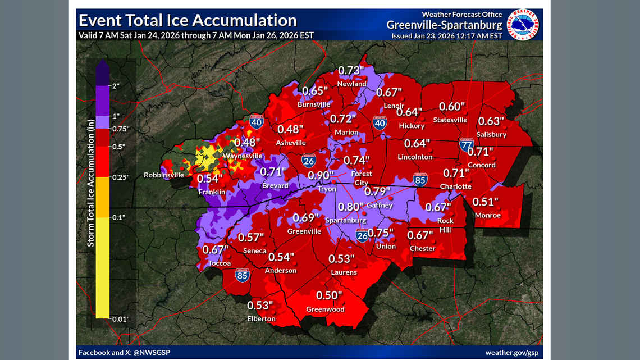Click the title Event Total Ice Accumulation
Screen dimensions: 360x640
188,20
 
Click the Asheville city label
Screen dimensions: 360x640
291,143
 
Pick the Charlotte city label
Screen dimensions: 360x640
456,186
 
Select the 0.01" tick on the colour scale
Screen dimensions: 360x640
122,319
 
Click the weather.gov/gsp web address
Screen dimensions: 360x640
511,352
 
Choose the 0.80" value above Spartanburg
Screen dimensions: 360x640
351,207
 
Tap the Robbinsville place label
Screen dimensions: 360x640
164,175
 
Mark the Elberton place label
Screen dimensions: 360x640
262,318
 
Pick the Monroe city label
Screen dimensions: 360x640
487,215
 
